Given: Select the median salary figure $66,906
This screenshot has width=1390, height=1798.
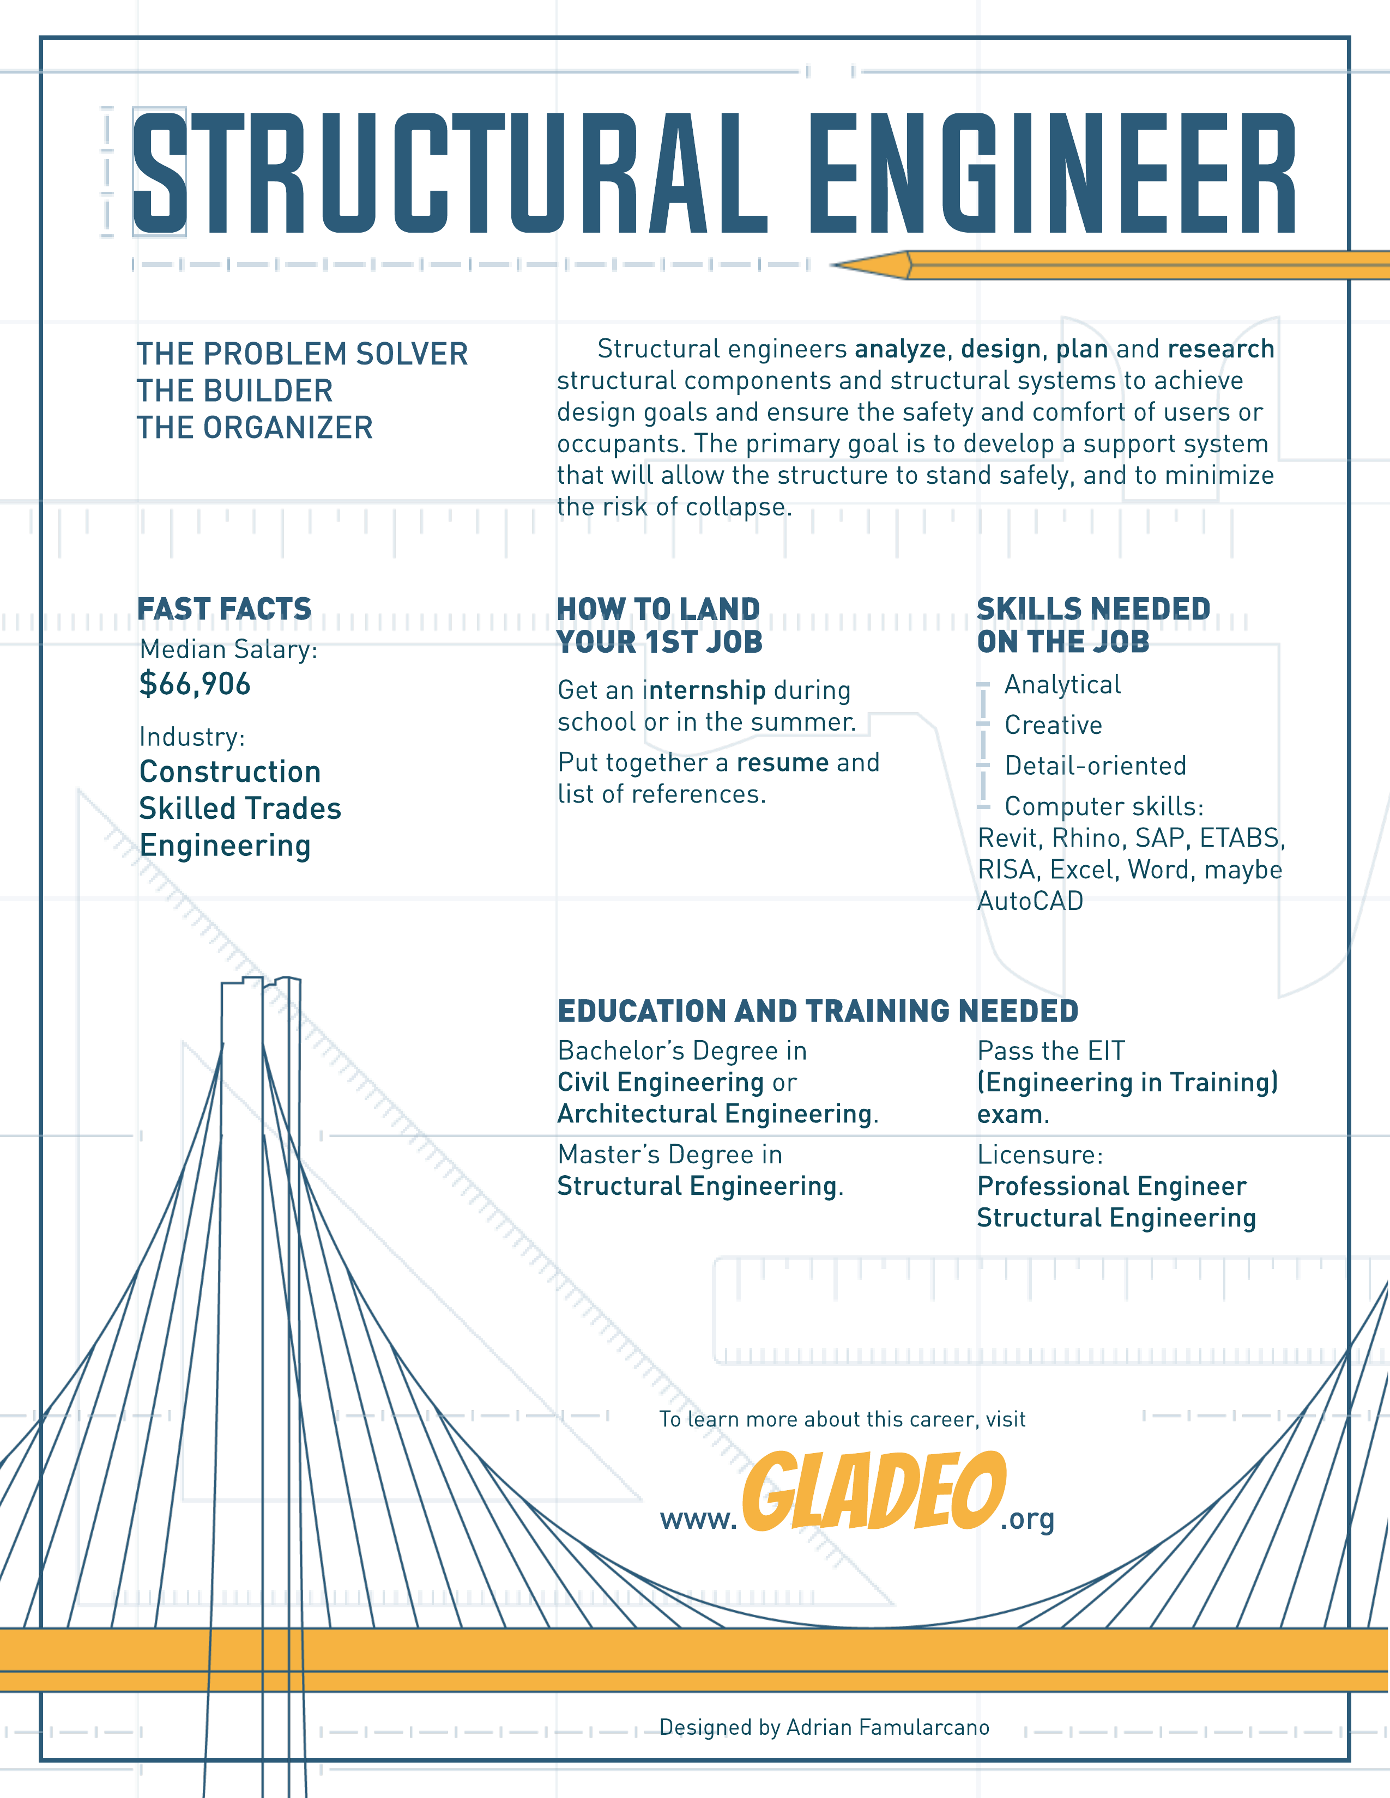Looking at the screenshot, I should tap(195, 684).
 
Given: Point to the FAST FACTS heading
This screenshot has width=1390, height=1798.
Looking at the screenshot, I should tap(225, 609).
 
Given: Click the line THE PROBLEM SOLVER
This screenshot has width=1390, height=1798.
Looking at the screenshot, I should tap(302, 354).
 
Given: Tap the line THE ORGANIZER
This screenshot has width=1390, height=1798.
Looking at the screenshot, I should tap(255, 427).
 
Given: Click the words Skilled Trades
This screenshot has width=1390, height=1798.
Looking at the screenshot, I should tap(240, 809).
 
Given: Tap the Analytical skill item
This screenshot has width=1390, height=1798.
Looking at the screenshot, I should tap(1062, 684).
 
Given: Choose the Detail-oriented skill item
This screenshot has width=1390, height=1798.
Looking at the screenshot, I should tap(1095, 766).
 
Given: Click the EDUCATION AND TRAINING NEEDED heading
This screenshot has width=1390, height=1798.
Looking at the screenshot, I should tap(818, 1011).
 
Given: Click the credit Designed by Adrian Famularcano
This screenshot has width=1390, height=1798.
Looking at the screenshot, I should tap(824, 1727).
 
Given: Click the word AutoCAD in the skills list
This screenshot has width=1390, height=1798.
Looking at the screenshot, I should tap(1030, 902).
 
